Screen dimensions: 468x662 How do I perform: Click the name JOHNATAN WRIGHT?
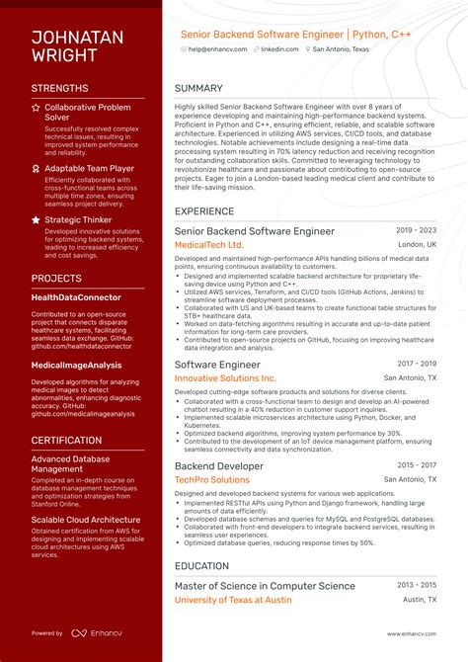77,45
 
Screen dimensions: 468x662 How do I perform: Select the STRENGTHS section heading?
65,88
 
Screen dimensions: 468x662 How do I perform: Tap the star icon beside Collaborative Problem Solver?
37,107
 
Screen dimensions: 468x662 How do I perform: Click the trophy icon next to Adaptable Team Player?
37,169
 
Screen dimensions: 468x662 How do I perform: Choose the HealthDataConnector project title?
76,297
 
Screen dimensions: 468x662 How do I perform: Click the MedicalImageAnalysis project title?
76,365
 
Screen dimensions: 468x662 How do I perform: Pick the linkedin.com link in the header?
281,48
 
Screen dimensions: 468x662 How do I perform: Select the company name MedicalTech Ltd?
208,244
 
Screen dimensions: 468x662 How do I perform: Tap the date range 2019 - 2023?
417,229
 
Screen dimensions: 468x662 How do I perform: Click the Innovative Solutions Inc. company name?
225,378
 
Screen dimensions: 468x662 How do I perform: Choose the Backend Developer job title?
219,465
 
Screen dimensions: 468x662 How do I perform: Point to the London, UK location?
417,244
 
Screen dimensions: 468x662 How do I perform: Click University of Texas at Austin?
233,600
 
